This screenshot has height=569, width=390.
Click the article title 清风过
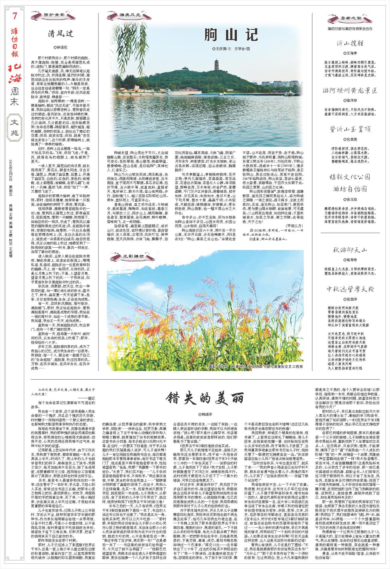(60, 34)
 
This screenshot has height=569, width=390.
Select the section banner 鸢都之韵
(350, 18)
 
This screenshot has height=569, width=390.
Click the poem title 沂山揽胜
(350, 43)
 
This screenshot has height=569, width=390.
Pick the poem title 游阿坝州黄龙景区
(350, 91)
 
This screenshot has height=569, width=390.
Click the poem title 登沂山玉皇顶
(350, 129)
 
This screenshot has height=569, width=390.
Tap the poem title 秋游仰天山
(350, 250)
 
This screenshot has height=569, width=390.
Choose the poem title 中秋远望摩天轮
(350, 289)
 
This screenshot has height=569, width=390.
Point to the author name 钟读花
(60, 48)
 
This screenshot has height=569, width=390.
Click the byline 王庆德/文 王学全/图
(231, 49)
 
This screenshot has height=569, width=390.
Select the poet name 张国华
(350, 299)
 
